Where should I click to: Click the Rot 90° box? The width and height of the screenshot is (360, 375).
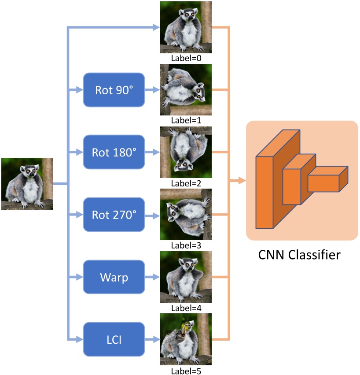pyautogui.click(x=114, y=90)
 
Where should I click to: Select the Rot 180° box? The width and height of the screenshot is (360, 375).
pyautogui.click(x=114, y=152)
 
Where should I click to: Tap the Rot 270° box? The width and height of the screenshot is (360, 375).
pyautogui.click(x=114, y=215)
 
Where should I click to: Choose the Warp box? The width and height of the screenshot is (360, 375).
pyautogui.click(x=114, y=277)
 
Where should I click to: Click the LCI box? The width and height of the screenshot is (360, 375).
pyautogui.click(x=114, y=339)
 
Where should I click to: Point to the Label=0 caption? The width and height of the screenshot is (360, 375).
pyautogui.click(x=185, y=58)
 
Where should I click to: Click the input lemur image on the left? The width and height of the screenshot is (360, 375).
pyautogui.click(x=27, y=183)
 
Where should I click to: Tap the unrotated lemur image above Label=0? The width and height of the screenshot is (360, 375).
pyautogui.click(x=185, y=27)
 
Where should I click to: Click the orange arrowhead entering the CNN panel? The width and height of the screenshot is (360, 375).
pyautogui.click(x=241, y=181)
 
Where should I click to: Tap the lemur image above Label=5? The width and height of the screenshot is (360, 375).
pyautogui.click(x=185, y=339)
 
